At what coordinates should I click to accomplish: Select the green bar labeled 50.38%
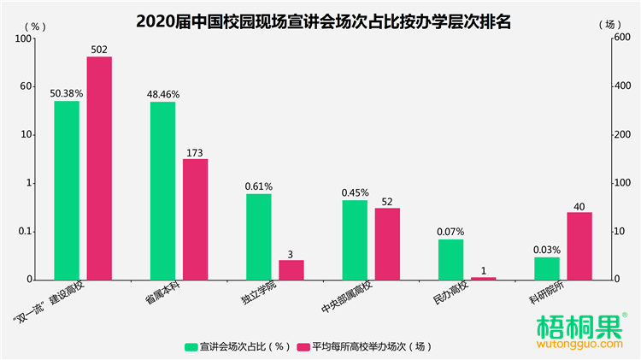[67, 190]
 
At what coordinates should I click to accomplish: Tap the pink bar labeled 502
[99, 168]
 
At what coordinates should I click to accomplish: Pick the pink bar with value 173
[195, 219]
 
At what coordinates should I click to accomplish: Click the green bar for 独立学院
[259, 236]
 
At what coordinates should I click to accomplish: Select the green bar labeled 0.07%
[451, 259]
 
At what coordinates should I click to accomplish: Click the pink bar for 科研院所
[579, 245]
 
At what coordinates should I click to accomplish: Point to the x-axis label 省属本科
[160, 295]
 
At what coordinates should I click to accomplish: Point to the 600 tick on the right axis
[624, 38]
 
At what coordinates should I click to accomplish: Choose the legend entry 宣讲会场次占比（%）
[237, 346]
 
